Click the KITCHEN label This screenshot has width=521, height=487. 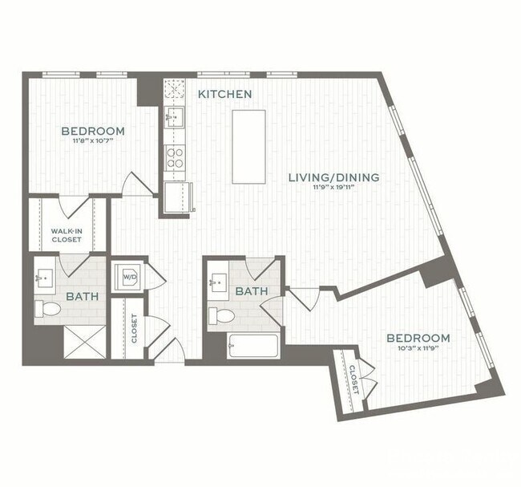click(225, 95)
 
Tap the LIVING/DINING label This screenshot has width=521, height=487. click(333, 177)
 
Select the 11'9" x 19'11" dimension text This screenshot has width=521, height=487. click(333, 188)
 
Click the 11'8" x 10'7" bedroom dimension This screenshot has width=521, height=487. click(93, 142)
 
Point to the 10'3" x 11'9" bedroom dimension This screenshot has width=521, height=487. click(418, 349)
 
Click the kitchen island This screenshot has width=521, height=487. click(248, 147)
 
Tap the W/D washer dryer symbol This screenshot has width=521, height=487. click(129, 278)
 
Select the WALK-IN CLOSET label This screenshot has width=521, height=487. click(67, 234)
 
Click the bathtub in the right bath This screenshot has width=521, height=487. click(252, 346)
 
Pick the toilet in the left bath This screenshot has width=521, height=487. click(50, 309)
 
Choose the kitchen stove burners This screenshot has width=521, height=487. click(175, 155)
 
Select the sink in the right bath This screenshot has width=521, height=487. click(220, 283)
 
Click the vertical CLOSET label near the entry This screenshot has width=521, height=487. click(134, 327)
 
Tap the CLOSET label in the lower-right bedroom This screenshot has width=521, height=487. click(353, 379)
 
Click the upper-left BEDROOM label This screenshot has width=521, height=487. click(93, 132)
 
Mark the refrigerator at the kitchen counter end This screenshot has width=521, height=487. click(179, 197)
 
